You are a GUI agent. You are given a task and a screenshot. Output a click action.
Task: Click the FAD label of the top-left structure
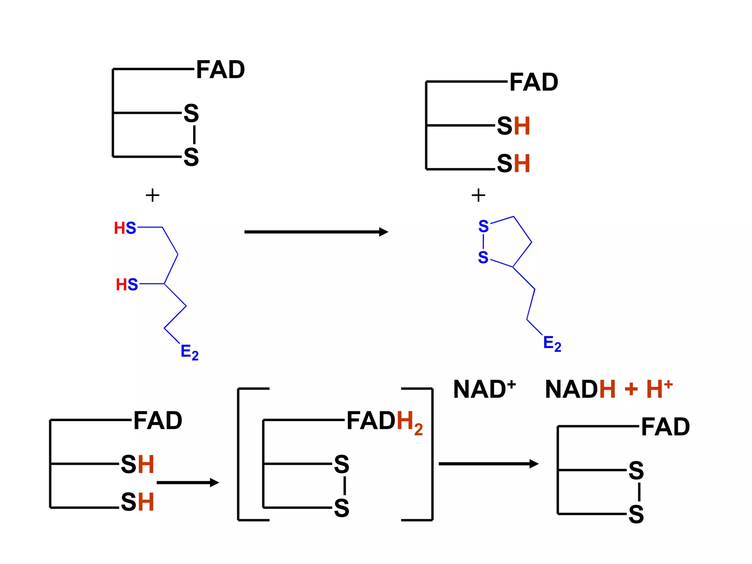(220, 70)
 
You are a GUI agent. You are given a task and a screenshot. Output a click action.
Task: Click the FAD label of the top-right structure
(534, 82)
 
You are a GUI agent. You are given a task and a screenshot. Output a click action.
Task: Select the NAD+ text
(484, 389)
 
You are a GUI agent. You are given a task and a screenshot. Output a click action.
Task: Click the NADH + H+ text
(608, 389)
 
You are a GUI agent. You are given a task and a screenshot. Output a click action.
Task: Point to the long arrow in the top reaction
(316, 232)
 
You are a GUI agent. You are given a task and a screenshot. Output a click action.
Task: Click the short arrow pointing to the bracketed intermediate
(187, 482)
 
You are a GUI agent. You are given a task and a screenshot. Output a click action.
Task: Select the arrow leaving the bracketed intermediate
(488, 464)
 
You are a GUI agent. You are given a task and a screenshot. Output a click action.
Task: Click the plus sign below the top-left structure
(152, 195)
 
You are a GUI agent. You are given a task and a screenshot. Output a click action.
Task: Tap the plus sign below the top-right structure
(478, 195)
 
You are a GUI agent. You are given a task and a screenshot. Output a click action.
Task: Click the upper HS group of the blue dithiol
(125, 228)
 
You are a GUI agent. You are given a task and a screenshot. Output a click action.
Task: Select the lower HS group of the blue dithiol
(127, 285)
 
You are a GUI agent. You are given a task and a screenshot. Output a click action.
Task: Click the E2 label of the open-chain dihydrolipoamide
(189, 352)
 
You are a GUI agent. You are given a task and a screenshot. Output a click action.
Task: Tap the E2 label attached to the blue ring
(552, 344)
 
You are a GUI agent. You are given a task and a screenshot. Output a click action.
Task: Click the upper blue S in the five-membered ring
(483, 226)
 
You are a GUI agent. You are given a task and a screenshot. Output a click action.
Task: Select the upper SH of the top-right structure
(513, 126)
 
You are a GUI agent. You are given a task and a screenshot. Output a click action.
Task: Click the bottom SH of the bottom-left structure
(137, 502)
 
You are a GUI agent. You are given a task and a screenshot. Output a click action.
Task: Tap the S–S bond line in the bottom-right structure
(639, 492)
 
